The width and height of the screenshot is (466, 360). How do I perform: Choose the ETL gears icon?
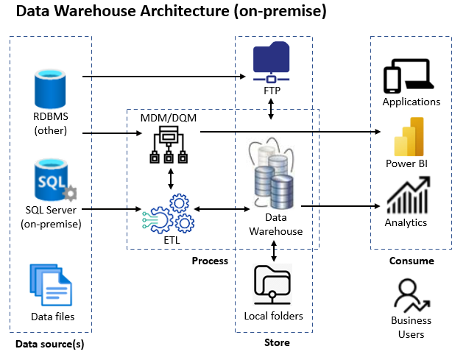(x=170, y=212)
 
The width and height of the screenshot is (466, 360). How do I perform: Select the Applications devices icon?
(x=411, y=76)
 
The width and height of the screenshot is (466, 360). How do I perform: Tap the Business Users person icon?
(x=411, y=296)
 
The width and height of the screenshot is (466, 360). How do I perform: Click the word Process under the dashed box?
(x=210, y=261)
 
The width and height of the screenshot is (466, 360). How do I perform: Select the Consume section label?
(x=411, y=261)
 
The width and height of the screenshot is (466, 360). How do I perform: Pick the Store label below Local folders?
(x=277, y=342)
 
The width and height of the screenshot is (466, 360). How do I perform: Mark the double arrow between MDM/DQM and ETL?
(x=171, y=178)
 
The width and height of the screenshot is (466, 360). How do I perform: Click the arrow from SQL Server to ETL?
(x=110, y=210)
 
